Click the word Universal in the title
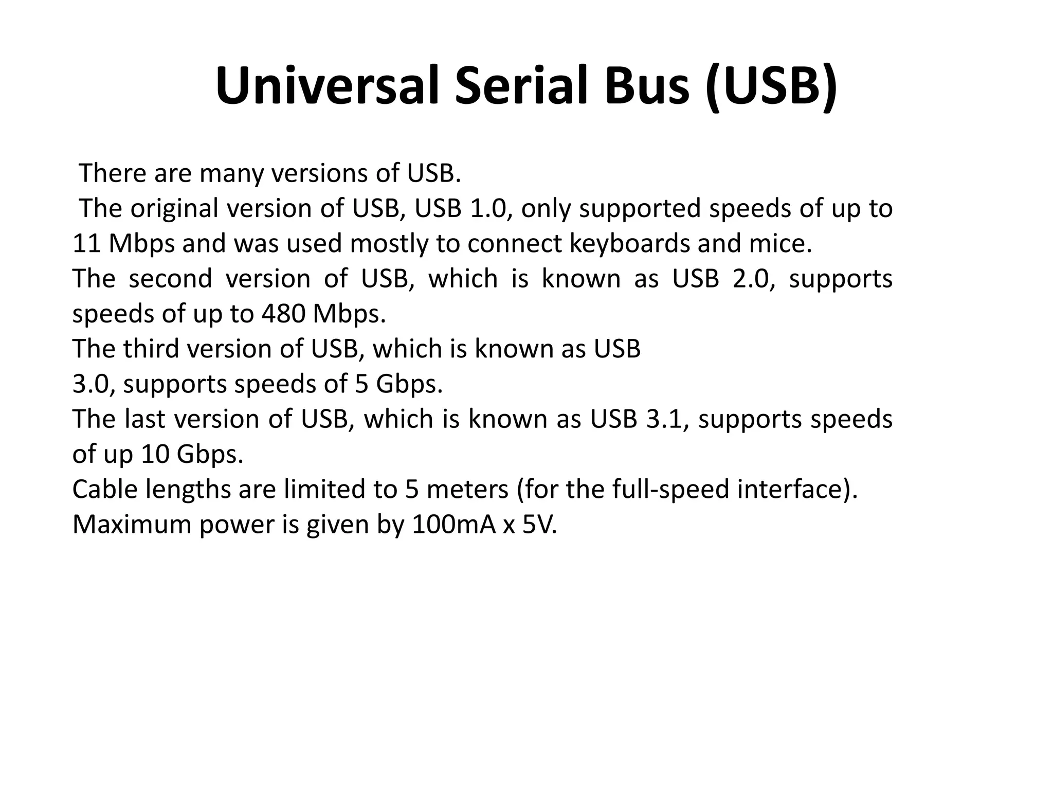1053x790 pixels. pyautogui.click(x=326, y=86)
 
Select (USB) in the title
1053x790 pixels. pyautogui.click(x=772, y=86)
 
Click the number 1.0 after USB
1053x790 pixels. pyautogui.click(x=491, y=209)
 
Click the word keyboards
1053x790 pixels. pyautogui.click(x=629, y=244)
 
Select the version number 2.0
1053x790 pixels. pyautogui.click(x=752, y=279)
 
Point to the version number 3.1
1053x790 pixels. pyautogui.click(x=664, y=419)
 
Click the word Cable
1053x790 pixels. pyautogui.click(x=105, y=490)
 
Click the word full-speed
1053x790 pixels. pyautogui.click(x=670, y=490)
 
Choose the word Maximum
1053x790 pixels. pyautogui.click(x=132, y=525)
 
